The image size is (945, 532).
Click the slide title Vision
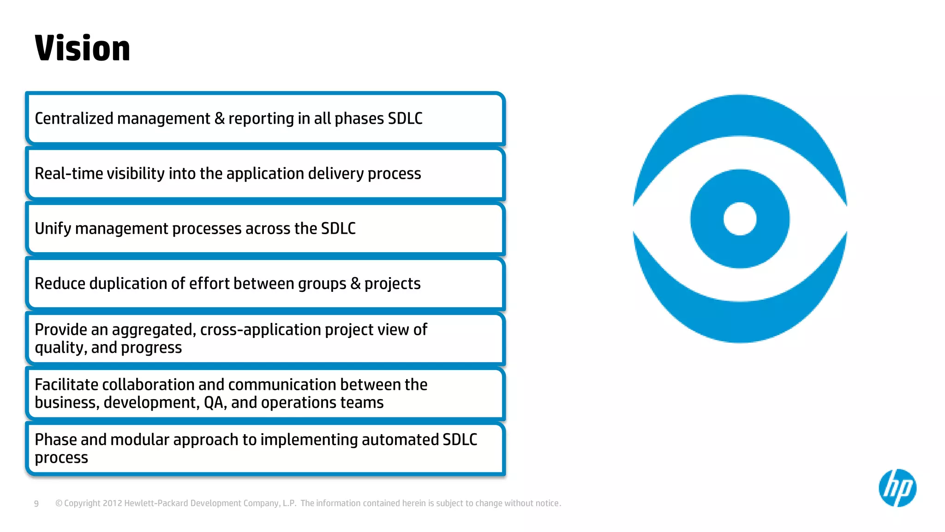(x=82, y=48)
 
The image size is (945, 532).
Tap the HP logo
(x=897, y=488)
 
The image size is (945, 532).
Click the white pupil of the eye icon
(x=740, y=219)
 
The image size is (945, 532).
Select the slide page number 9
(x=36, y=503)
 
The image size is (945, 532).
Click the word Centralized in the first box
(x=74, y=119)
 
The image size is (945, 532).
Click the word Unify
(x=53, y=229)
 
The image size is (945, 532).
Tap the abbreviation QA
(x=214, y=403)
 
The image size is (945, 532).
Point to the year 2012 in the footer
(x=112, y=503)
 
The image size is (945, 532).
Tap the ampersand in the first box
(x=219, y=119)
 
